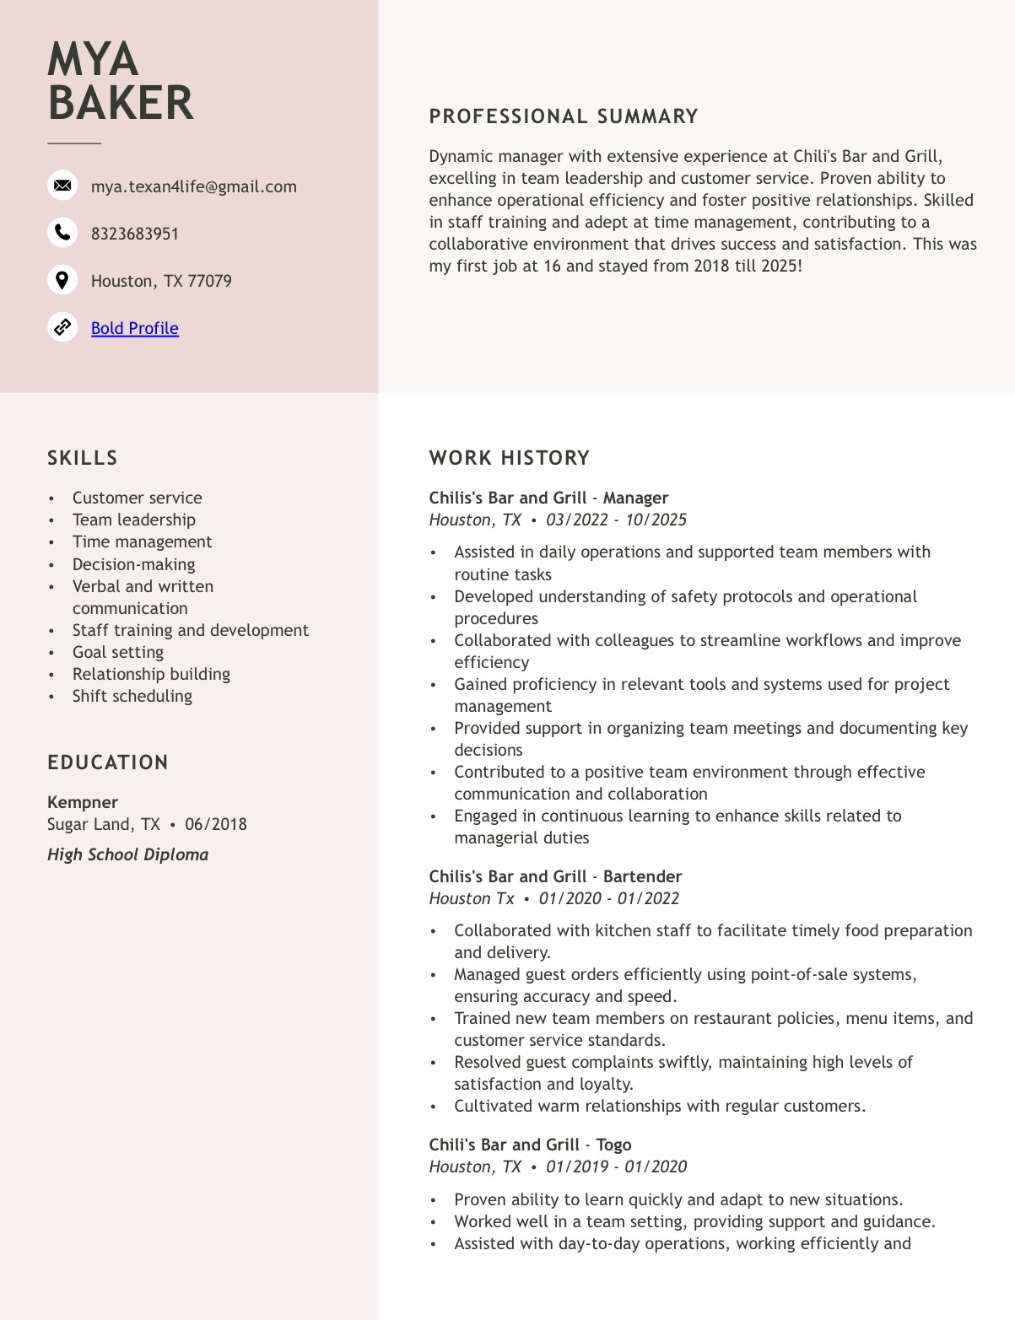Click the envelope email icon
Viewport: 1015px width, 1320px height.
(x=62, y=186)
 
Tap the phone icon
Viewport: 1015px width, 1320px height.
(x=62, y=232)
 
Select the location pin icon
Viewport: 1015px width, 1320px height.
(x=62, y=280)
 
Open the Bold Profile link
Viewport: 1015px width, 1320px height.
(x=135, y=328)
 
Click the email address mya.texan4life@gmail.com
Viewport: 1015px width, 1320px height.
(x=194, y=186)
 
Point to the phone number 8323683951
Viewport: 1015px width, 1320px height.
(x=135, y=234)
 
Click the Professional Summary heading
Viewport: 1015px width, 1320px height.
(x=564, y=116)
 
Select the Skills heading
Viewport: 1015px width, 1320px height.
(x=83, y=458)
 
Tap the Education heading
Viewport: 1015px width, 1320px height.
(x=108, y=762)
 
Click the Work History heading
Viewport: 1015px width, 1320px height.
(x=510, y=458)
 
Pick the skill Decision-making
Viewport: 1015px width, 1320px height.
(x=133, y=564)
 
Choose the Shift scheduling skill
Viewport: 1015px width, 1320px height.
(x=132, y=696)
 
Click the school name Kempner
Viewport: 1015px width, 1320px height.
(x=83, y=802)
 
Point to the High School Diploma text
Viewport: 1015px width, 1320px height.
(x=128, y=854)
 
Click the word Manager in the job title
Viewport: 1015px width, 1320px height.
(x=635, y=498)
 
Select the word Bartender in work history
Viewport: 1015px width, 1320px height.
(x=642, y=876)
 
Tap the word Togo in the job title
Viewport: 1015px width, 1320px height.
(x=613, y=1145)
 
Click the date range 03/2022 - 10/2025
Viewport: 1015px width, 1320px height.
(x=616, y=520)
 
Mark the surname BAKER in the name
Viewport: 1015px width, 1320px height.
(x=121, y=103)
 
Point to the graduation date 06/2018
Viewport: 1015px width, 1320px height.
(x=216, y=824)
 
